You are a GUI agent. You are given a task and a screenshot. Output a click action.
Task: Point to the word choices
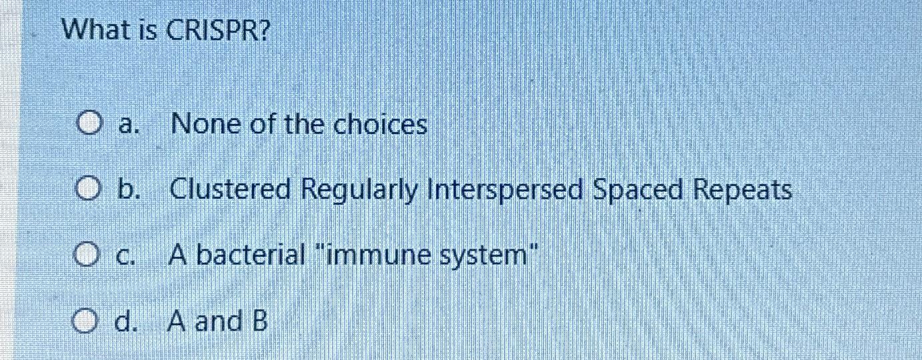click(380, 125)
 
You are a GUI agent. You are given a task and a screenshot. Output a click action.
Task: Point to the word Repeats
click(743, 191)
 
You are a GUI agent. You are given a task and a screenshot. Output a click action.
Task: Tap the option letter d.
click(124, 322)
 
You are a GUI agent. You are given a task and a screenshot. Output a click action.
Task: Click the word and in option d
click(217, 322)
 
